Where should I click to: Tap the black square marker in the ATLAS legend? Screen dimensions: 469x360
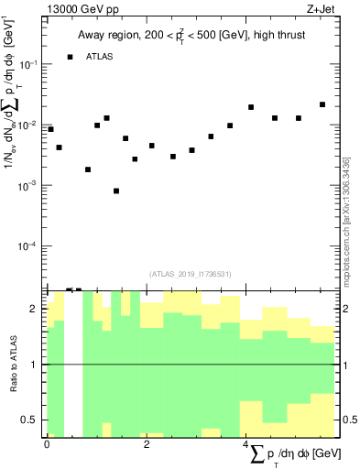click(70, 57)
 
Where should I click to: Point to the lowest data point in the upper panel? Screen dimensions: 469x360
click(116, 191)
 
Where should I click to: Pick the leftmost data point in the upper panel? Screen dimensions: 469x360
click(50, 129)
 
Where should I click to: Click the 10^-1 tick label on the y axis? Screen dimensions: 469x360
click(30, 64)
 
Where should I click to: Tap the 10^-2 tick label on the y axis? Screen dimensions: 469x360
click(30, 125)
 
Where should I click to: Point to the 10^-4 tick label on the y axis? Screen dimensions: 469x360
click(30, 246)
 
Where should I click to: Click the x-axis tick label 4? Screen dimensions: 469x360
click(245, 443)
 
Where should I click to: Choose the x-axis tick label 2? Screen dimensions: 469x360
click(147, 443)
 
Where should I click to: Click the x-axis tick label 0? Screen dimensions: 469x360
click(47, 443)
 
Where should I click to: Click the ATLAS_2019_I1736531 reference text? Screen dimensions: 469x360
click(191, 273)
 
